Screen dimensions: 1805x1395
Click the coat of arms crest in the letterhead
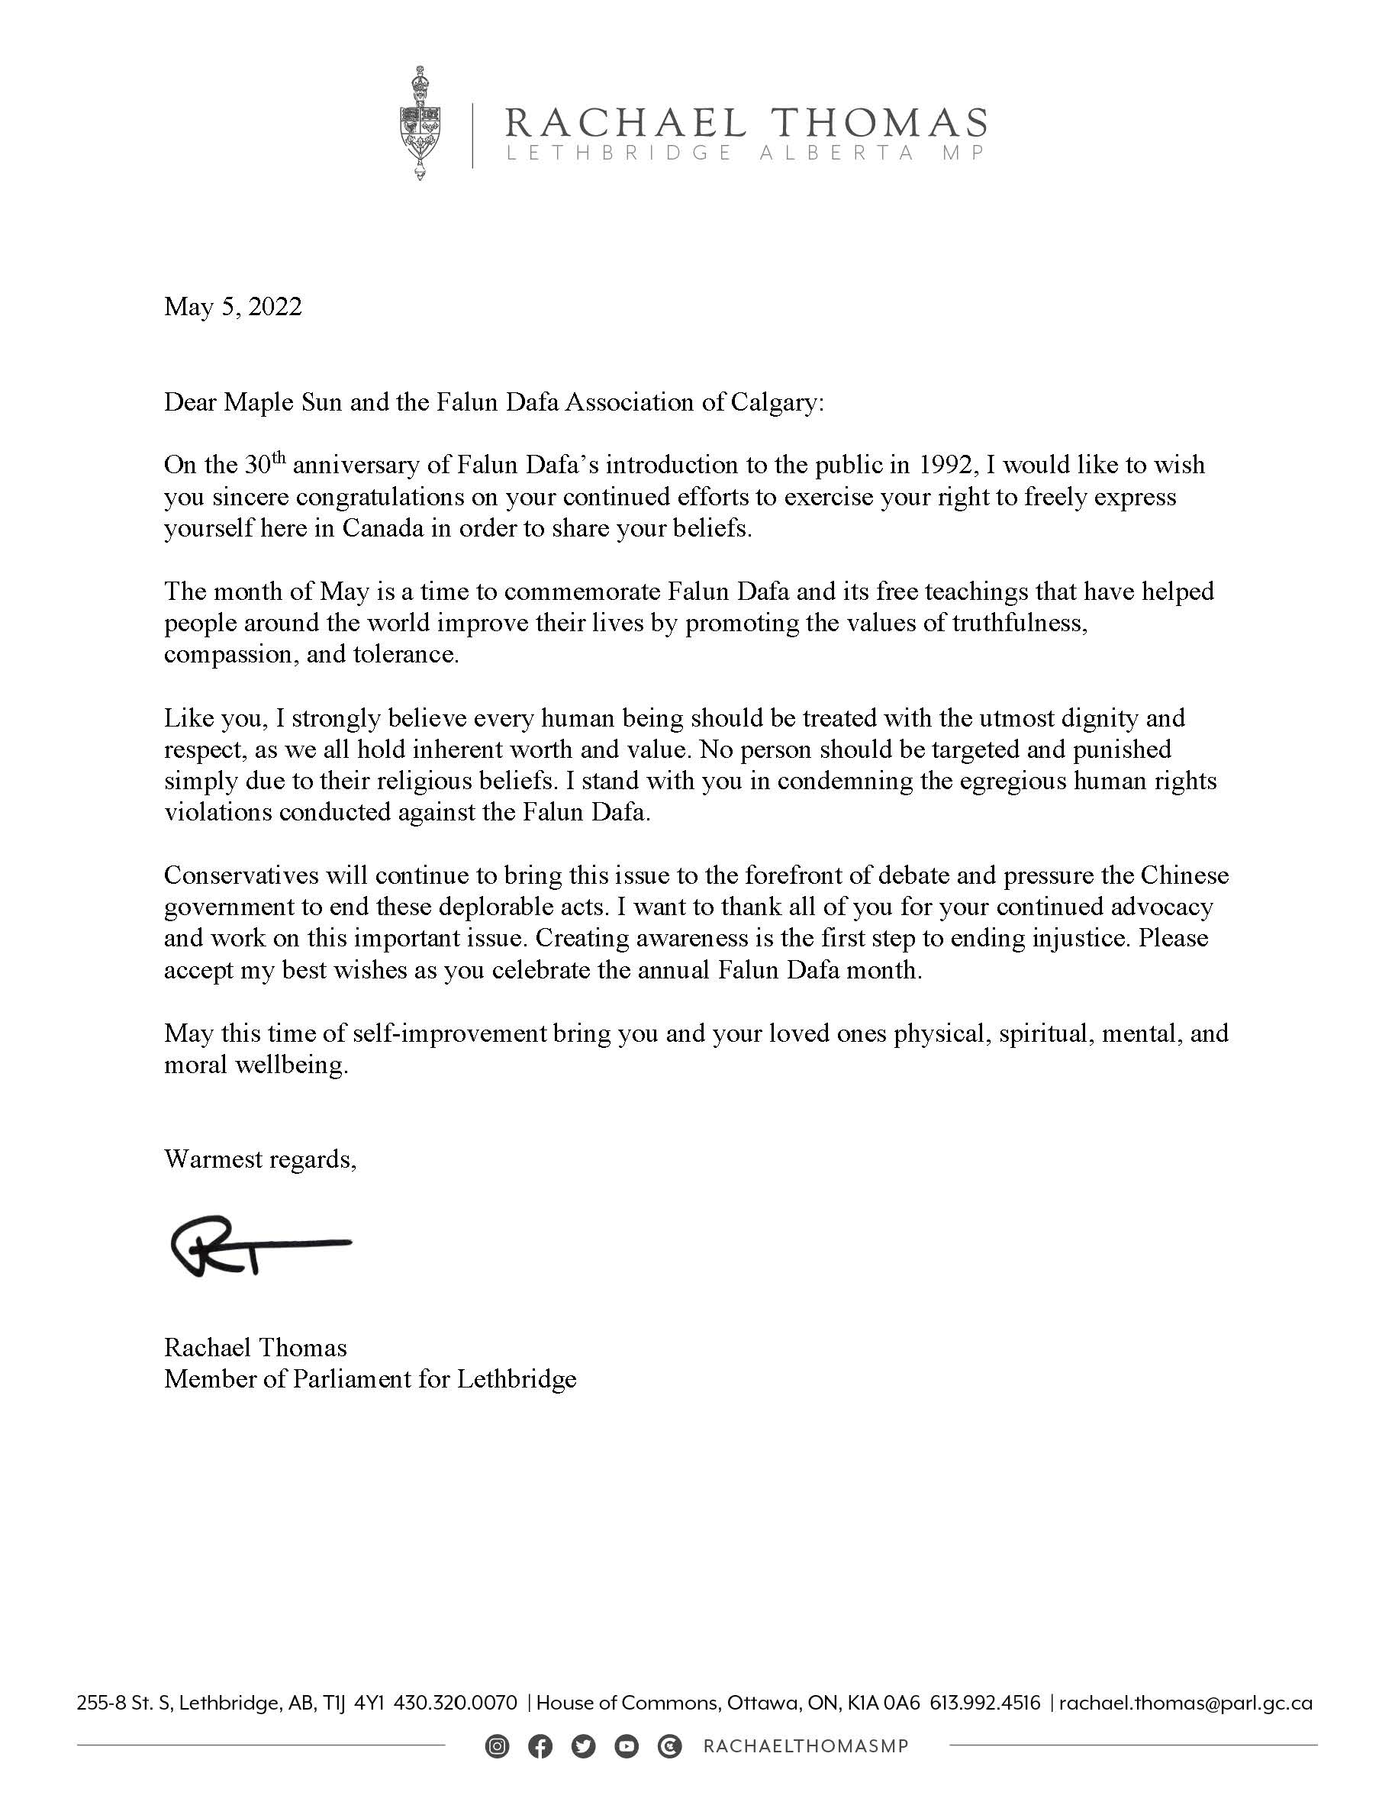tap(420, 124)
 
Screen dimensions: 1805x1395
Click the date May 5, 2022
tap(233, 307)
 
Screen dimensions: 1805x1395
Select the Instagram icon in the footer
tap(497, 1746)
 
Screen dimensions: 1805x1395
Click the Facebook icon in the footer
tap(540, 1746)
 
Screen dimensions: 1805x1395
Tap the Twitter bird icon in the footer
tap(584, 1746)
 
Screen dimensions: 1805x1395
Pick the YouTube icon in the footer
tap(627, 1746)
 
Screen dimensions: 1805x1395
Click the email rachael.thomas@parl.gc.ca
tap(1185, 1703)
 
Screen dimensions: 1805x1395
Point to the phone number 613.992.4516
tap(985, 1703)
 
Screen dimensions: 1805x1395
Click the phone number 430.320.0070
tap(456, 1703)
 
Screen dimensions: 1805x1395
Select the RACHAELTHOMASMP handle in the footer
tap(806, 1746)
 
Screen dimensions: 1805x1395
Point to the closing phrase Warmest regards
tap(259, 1159)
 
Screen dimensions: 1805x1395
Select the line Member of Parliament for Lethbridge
tap(369, 1379)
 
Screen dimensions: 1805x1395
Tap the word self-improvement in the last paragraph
tap(449, 1033)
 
